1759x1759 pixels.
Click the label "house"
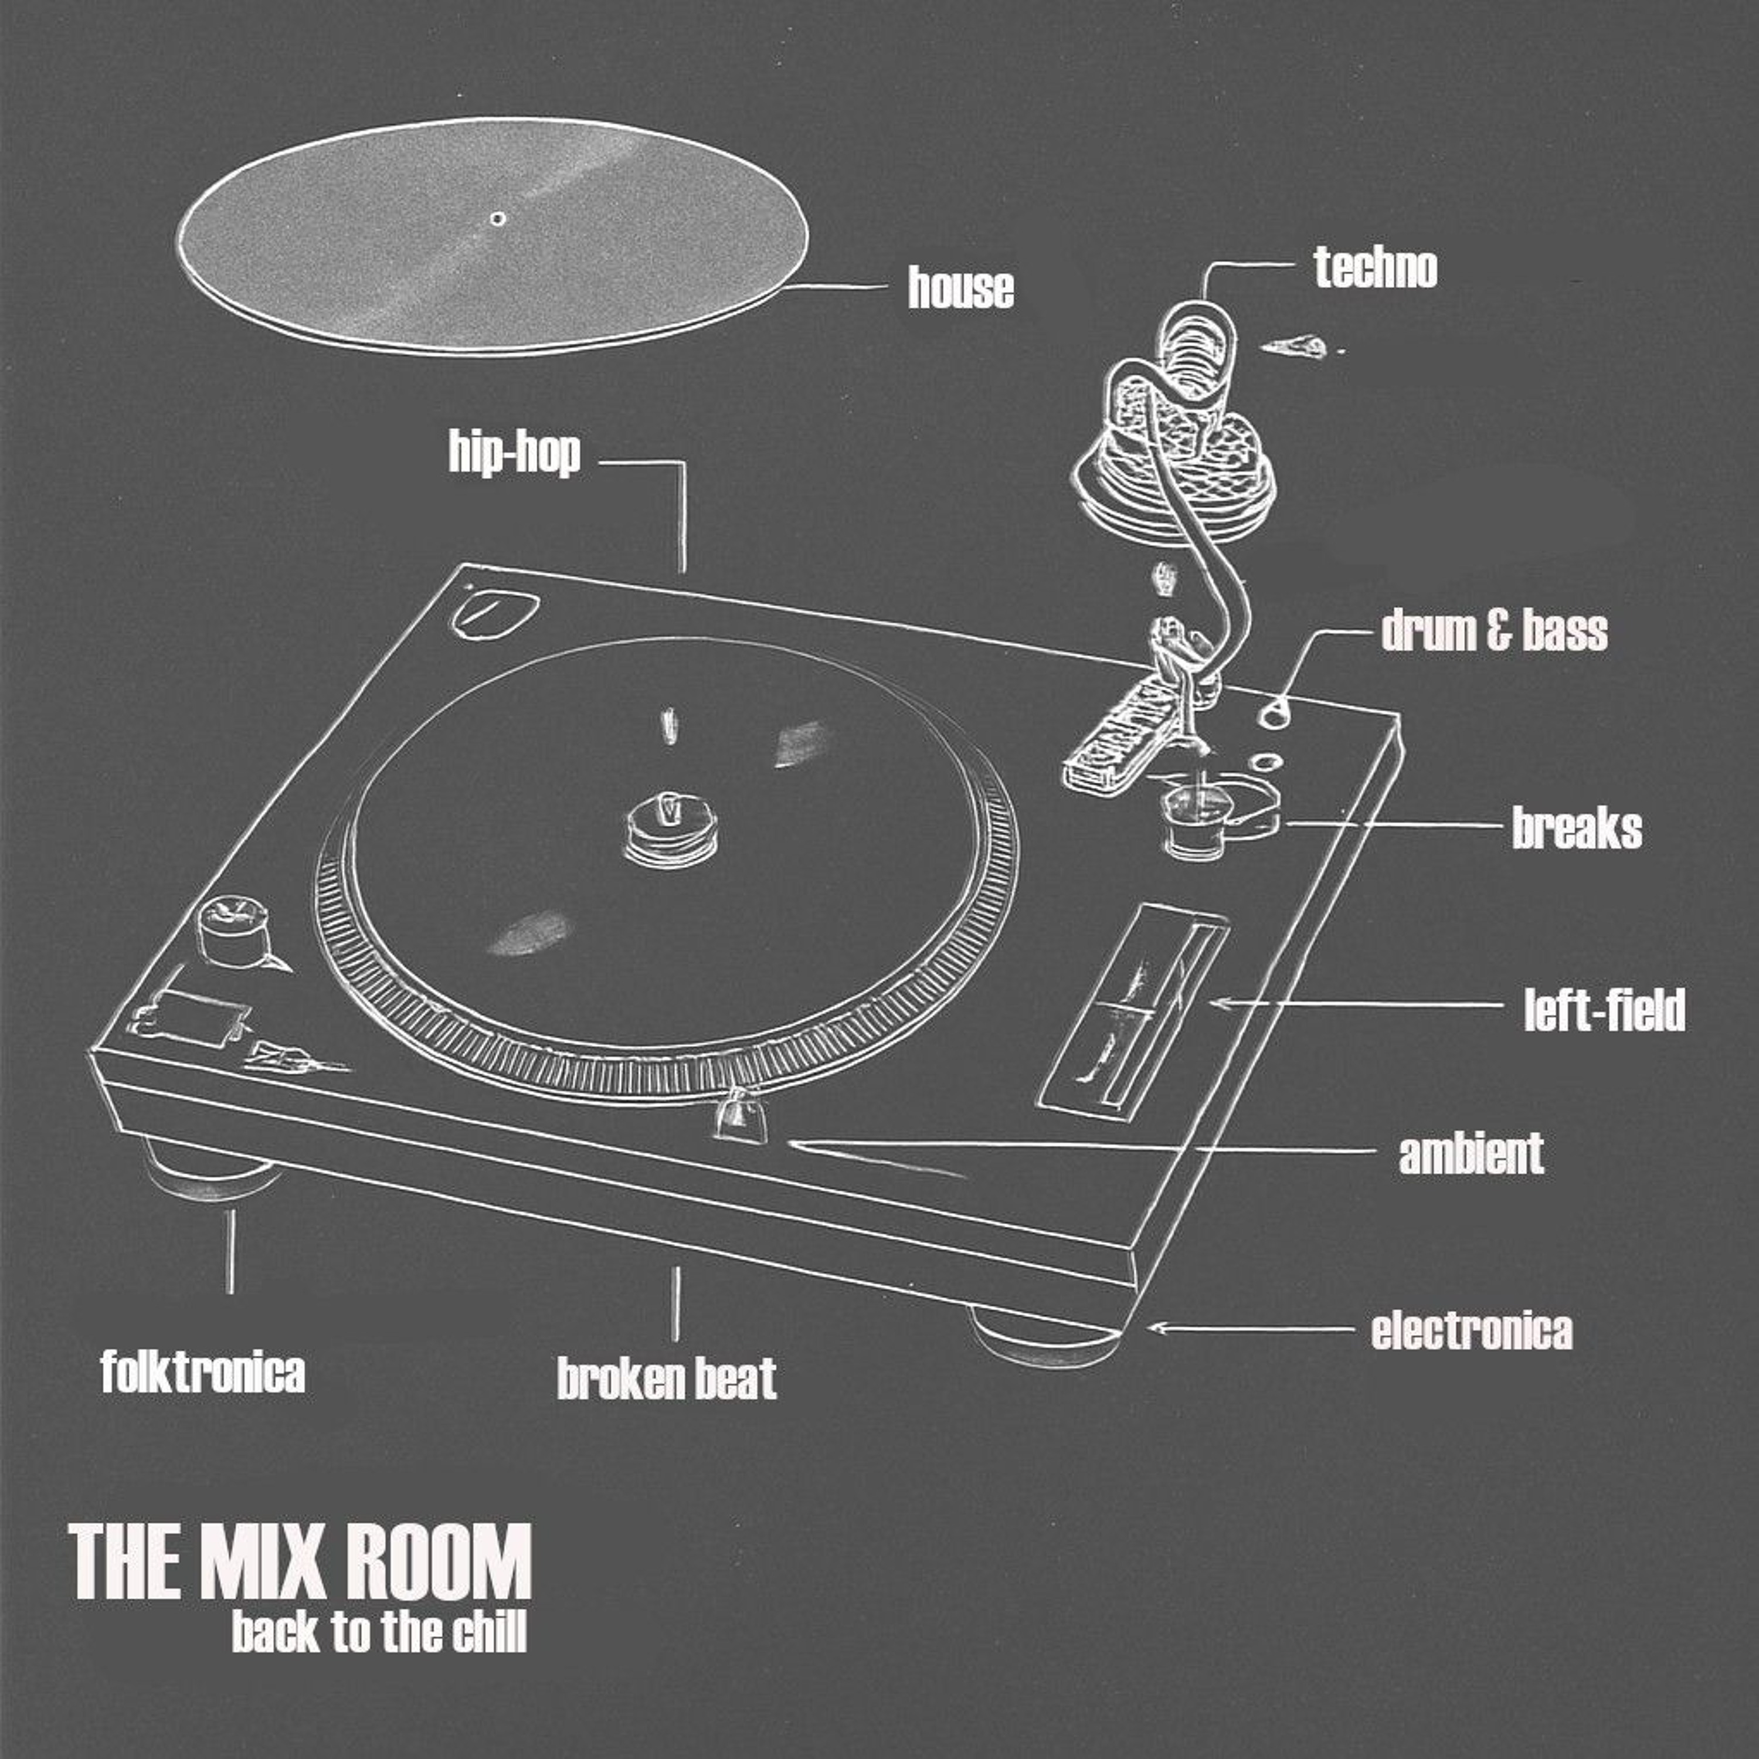point(960,288)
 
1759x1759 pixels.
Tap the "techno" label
point(1375,268)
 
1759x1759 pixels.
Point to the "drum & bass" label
point(1494,631)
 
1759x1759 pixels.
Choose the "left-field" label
point(1604,1010)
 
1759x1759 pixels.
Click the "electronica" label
point(1471,1330)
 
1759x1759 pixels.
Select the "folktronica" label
point(203,1371)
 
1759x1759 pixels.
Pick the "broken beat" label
point(667,1378)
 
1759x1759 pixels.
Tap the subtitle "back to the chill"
point(380,1632)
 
